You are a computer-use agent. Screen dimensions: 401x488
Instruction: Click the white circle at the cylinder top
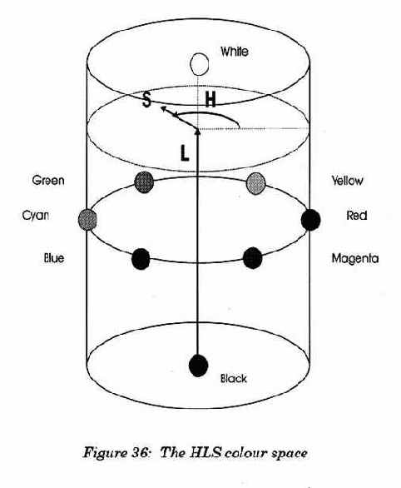click(199, 64)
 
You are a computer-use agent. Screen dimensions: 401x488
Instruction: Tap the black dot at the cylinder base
click(198, 365)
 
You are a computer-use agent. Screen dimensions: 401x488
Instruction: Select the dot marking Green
click(144, 182)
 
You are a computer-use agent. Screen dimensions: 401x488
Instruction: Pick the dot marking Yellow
click(255, 183)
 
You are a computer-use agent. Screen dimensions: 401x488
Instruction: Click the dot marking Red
click(310, 220)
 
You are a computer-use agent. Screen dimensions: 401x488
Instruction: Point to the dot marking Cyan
click(87, 219)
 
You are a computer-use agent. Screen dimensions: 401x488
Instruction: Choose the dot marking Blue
click(141, 259)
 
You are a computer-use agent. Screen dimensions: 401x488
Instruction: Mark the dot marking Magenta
click(252, 258)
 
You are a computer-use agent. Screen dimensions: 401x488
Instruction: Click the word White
click(235, 52)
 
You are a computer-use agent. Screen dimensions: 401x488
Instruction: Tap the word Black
click(234, 378)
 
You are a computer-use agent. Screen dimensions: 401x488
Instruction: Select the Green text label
click(48, 180)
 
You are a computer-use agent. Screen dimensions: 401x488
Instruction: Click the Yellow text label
click(347, 181)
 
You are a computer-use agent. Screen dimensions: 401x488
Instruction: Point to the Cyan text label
click(36, 216)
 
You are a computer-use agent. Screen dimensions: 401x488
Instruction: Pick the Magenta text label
click(355, 258)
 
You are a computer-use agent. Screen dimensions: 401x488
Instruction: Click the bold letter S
click(146, 100)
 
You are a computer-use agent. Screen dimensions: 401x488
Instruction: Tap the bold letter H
click(210, 100)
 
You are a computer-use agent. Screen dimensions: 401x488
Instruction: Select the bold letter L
click(185, 153)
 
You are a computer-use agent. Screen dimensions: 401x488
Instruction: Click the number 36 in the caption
click(136, 452)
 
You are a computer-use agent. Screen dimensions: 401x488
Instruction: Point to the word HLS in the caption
click(205, 452)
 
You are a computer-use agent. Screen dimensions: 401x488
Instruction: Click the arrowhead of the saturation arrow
click(163, 108)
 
